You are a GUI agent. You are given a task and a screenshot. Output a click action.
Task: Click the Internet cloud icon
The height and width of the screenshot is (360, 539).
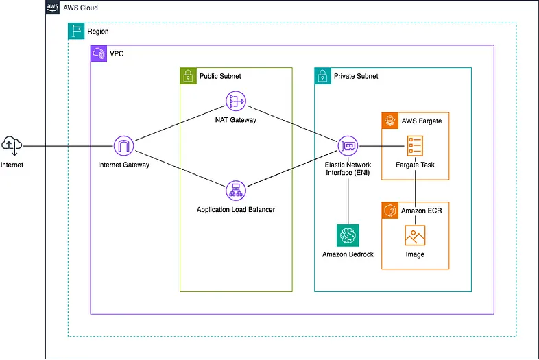pos(12,145)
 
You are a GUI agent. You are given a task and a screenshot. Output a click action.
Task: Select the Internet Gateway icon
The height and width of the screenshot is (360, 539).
pos(123,145)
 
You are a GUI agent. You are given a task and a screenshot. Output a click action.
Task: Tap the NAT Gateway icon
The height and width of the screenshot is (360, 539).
pos(236,101)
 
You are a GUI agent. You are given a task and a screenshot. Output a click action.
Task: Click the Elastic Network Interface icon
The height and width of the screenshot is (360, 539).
pos(348,145)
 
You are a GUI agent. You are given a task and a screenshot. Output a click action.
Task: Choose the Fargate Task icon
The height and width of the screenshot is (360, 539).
pos(415,145)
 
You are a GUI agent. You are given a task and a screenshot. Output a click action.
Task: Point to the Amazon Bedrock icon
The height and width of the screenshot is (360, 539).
pos(348,235)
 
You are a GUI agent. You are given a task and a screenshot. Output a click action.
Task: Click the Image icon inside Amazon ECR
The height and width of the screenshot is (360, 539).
pos(415,235)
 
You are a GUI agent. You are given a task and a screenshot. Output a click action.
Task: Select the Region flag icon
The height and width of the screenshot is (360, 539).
pos(76,31)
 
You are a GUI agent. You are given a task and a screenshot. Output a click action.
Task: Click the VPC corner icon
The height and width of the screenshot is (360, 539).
pos(99,53)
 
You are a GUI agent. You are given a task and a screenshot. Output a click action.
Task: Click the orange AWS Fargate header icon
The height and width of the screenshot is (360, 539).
pos(390,120)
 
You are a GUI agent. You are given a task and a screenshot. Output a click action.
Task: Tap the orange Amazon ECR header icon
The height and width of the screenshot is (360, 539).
pos(390,210)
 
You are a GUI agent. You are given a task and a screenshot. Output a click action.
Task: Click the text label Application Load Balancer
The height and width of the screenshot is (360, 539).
pos(236,209)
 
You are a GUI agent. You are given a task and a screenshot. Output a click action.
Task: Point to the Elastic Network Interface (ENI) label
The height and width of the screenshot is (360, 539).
pos(348,169)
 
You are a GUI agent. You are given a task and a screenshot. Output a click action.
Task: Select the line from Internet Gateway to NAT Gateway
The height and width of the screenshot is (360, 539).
pos(180,123)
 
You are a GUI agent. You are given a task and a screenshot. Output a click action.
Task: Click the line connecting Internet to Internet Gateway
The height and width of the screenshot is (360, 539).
pos(69,145)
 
